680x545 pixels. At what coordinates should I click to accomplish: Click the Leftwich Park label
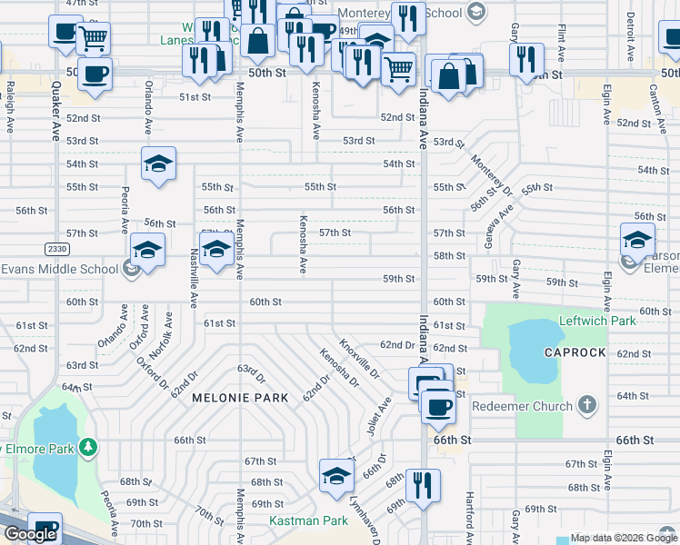(596, 321)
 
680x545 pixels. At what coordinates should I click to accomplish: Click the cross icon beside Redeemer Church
(586, 405)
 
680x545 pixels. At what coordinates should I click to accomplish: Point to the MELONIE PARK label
(240, 398)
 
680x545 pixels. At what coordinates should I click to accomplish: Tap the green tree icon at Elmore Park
(87, 447)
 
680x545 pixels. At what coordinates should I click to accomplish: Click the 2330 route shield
(56, 248)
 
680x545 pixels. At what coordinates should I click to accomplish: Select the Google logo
(30, 534)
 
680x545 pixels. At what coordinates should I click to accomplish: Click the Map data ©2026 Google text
(625, 538)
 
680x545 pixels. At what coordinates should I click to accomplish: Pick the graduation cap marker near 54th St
(157, 163)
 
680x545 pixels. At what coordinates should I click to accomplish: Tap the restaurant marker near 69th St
(423, 483)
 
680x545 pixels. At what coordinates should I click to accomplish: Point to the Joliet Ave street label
(379, 416)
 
